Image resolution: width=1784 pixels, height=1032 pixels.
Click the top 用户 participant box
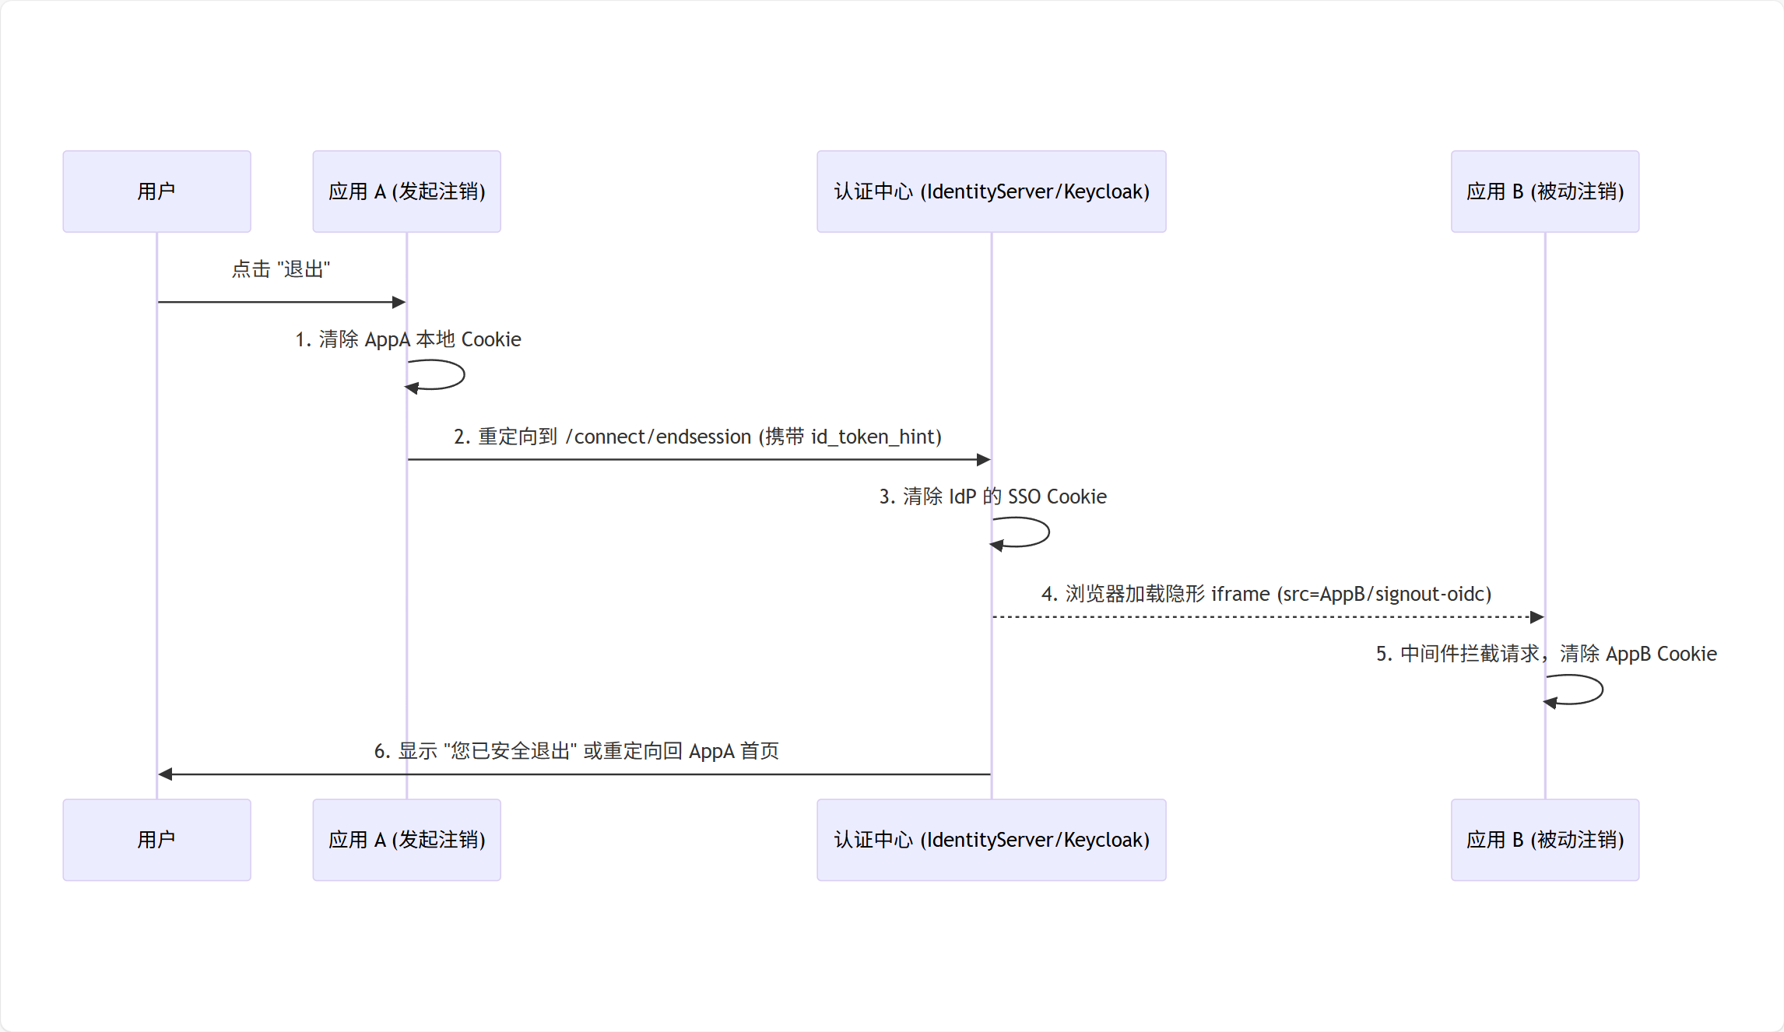[156, 191]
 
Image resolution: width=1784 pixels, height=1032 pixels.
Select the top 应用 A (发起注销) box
[406, 191]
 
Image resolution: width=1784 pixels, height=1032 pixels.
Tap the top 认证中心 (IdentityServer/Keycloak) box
[991, 191]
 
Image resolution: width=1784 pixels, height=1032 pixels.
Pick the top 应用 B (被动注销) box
[1544, 191]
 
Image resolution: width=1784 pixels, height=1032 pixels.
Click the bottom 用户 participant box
[156, 840]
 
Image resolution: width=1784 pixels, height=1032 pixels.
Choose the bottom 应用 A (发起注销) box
[406, 840]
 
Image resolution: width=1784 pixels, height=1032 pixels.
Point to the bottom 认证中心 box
[991, 840]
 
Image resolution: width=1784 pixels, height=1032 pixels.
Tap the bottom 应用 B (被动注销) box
[1544, 840]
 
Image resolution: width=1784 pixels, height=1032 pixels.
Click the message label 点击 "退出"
[281, 269]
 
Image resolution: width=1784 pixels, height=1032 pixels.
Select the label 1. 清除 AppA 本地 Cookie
[408, 339]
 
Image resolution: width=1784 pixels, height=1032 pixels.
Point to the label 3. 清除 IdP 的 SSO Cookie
[992, 497]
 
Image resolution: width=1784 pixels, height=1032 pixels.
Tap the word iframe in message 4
[1240, 594]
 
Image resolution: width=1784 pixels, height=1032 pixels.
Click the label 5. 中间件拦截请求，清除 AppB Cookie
[1546, 654]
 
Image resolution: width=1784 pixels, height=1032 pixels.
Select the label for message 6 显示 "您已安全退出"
[576, 751]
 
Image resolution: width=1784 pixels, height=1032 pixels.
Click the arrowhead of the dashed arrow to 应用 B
[1537, 617]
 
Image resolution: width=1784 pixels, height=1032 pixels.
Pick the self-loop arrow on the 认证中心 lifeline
[1045, 532]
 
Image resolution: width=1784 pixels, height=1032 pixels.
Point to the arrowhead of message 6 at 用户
[165, 774]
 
